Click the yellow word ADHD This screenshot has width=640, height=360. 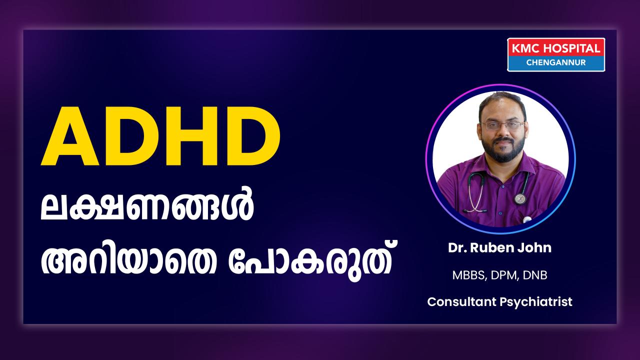tap(160, 136)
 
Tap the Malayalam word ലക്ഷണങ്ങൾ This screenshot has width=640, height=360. tap(147, 203)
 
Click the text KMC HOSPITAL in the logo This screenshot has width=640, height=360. tap(556, 48)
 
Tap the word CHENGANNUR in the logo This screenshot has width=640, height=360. tap(556, 62)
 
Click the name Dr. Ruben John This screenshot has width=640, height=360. tap(499, 247)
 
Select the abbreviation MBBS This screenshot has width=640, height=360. tap(468, 275)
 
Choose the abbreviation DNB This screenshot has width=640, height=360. tap(535, 275)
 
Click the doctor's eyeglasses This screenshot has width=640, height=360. tap(503, 125)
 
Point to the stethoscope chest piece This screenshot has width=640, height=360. tap(520, 198)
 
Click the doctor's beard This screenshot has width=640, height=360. tap(503, 150)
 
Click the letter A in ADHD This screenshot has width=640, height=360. tap(70, 136)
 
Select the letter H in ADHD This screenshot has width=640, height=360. tap(190, 136)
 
